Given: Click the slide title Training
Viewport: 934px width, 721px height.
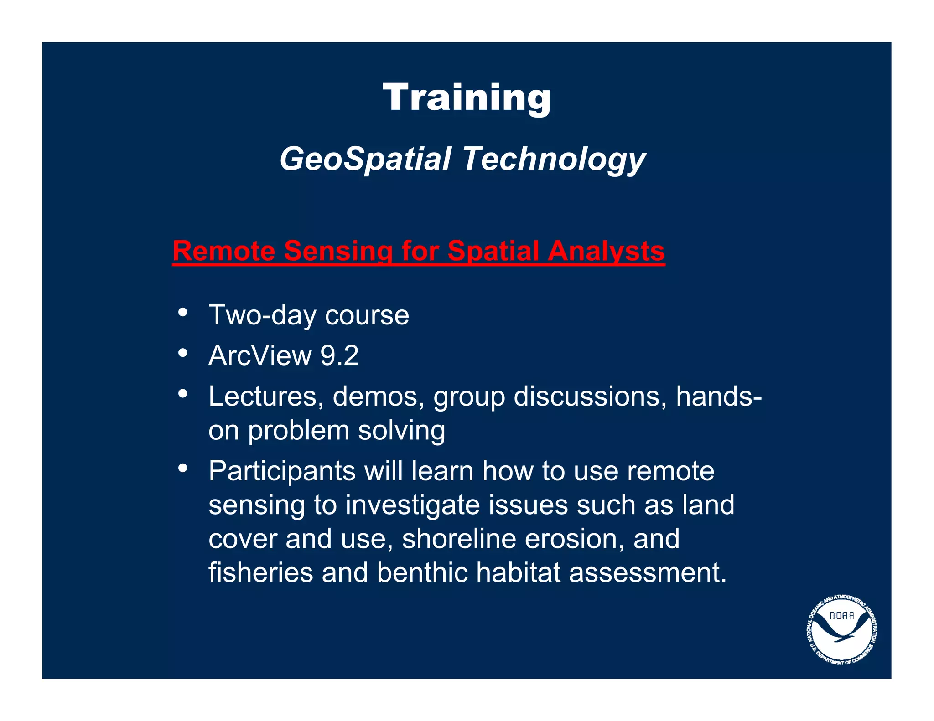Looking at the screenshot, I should (x=467, y=98).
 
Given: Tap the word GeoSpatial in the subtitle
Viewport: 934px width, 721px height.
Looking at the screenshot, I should (x=365, y=160).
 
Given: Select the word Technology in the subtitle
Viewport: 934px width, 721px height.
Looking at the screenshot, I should (x=554, y=160).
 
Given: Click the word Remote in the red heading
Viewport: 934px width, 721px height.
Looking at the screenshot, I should (x=224, y=251).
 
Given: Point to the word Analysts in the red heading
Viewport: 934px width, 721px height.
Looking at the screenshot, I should (x=606, y=251).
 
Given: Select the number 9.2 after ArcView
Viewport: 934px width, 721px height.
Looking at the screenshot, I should (x=339, y=355).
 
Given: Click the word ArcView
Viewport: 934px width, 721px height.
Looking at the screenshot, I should (x=260, y=355).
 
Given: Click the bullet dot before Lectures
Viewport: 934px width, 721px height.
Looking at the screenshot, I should (x=183, y=394).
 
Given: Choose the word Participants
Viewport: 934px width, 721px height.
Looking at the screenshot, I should (x=282, y=471).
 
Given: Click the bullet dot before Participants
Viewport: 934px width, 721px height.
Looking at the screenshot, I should (x=183, y=468).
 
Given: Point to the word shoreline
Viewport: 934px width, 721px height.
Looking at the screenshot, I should (x=459, y=539).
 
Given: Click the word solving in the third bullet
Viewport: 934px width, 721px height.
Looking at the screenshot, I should (x=401, y=431).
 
